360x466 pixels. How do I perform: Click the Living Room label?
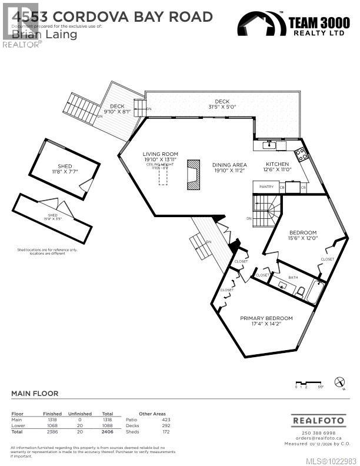coord(159,154)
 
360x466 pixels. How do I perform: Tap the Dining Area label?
coord(229,165)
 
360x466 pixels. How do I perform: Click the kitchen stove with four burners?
coord(301,154)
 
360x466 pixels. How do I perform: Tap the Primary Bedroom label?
coord(266,318)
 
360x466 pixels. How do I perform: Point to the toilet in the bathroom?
coord(300,291)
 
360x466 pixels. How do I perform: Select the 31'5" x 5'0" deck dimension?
coord(222,106)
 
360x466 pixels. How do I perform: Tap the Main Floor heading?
coord(35,394)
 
